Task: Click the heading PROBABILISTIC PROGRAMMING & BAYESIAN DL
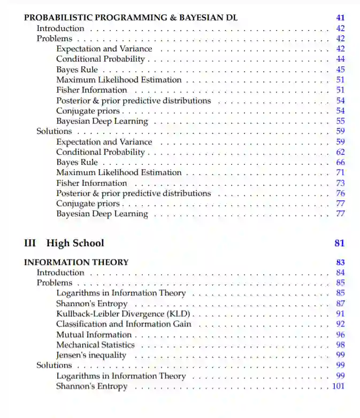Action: (131, 18)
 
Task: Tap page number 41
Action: (340, 18)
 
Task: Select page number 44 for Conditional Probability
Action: (340, 59)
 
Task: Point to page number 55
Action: (340, 121)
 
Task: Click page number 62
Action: (340, 152)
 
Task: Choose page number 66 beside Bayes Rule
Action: (340, 162)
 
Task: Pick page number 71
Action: (340, 172)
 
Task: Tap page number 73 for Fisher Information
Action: (340, 183)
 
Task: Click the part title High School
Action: (75, 243)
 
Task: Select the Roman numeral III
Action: (30, 243)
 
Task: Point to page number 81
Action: (339, 243)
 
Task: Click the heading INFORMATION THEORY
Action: (76, 262)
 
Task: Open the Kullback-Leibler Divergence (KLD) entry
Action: (124, 314)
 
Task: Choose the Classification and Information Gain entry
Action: (124, 324)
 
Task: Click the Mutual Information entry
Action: (94, 335)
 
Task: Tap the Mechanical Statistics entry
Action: (95, 345)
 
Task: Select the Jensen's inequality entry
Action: (91, 355)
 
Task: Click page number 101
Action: (338, 386)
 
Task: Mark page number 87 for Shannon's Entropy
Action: (340, 303)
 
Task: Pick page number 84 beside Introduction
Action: (340, 273)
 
